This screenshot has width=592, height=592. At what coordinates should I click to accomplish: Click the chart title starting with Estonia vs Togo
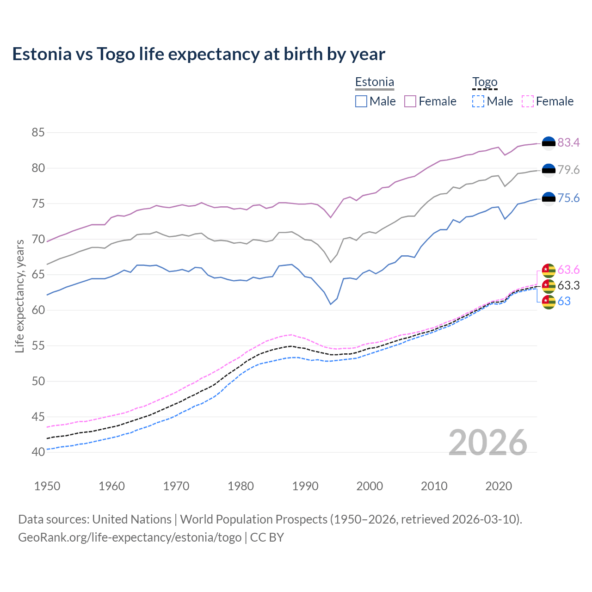coord(198,54)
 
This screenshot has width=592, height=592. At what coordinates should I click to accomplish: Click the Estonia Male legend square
coord(361,101)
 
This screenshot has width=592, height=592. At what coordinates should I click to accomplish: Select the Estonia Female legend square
coord(410,101)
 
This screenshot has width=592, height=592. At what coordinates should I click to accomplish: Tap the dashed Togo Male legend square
coord(478,101)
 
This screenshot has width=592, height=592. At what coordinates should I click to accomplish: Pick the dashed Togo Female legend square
coord(528,101)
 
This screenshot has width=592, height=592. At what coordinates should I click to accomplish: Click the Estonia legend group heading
coord(375,82)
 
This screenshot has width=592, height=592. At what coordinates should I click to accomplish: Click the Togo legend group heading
coord(485,82)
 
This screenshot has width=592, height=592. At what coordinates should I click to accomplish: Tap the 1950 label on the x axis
coord(47,486)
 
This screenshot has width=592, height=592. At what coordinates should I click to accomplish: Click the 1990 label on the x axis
coord(305,486)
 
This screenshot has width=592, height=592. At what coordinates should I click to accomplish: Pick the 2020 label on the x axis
coord(499,486)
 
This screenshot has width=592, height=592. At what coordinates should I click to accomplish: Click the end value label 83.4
coord(568,143)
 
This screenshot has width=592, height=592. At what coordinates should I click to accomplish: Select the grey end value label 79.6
coord(568,170)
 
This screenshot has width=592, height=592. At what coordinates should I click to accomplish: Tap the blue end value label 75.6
coord(568,198)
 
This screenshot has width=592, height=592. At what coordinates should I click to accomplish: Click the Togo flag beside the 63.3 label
coord(549,286)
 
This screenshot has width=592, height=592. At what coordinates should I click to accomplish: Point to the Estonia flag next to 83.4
coord(549,143)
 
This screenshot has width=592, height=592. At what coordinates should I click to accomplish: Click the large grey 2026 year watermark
coord(488,443)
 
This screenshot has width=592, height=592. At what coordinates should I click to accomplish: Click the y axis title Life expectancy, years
coord(20,296)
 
